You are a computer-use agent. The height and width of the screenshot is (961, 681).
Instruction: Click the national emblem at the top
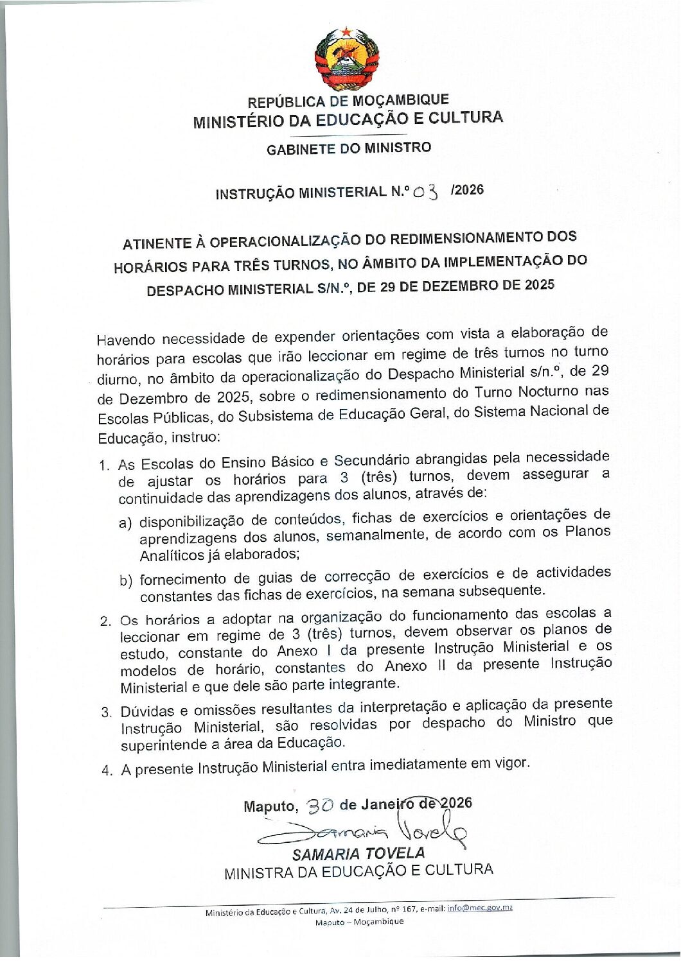[346, 59]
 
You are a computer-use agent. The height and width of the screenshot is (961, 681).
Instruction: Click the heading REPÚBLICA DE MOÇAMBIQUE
[348, 101]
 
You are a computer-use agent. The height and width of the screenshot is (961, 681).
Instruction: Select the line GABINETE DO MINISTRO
[349, 148]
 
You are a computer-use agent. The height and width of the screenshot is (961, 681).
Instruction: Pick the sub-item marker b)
[126, 581]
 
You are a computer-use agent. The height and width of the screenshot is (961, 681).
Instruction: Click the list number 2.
[106, 621]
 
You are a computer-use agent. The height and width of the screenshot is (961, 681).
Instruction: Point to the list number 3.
[107, 713]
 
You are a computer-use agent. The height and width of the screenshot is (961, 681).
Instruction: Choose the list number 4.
[107, 770]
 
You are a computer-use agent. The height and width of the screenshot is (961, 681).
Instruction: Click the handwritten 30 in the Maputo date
[319, 806]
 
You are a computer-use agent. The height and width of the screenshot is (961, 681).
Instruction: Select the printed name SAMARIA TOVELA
[358, 853]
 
